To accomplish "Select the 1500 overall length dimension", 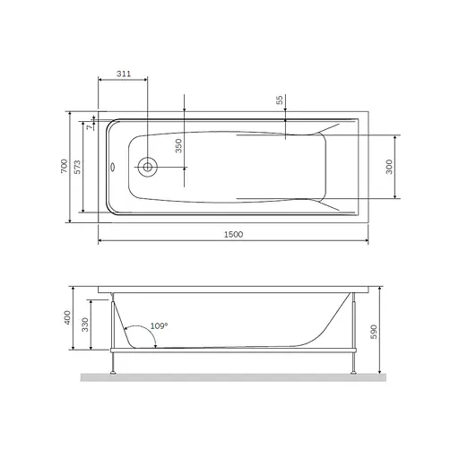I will pos(232,234).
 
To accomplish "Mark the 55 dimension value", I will pos(280,101).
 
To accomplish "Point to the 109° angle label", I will pos(158,325).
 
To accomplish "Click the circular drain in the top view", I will pos(148,166).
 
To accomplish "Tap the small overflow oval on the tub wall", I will pos(112,166).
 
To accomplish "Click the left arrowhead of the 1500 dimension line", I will pos(100,241).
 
